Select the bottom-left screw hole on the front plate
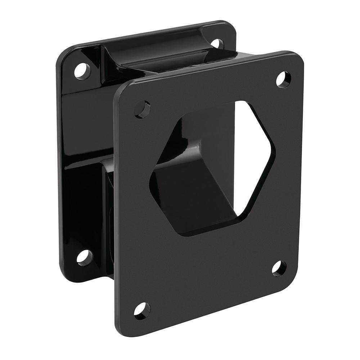(142, 310)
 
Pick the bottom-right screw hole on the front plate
(279, 268)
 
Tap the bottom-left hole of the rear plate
(85, 256)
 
